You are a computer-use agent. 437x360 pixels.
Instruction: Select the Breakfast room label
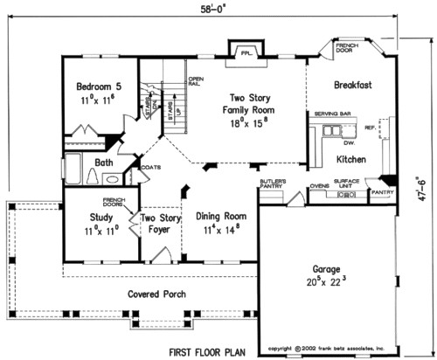click(x=353, y=86)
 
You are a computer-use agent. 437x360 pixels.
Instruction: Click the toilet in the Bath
click(x=94, y=177)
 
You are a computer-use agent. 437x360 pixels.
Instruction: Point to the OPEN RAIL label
click(x=196, y=83)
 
